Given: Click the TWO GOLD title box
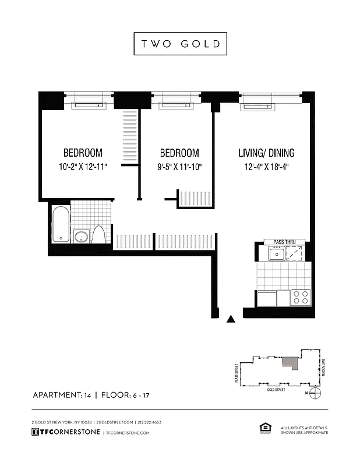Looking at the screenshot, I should point(180,44).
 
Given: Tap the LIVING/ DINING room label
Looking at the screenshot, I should point(266,153).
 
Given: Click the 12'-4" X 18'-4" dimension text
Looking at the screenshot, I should point(266,167).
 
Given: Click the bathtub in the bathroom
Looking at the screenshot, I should point(60,224).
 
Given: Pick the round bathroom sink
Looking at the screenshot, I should point(81,236).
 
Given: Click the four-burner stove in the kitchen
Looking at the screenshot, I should point(301,297).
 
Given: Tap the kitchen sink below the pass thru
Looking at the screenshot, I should point(276,253).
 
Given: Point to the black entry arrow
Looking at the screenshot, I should point(231,319).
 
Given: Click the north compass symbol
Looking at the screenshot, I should point(315,393).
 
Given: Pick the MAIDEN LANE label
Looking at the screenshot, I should point(322,367).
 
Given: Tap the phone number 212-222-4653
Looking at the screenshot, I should point(149,422).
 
